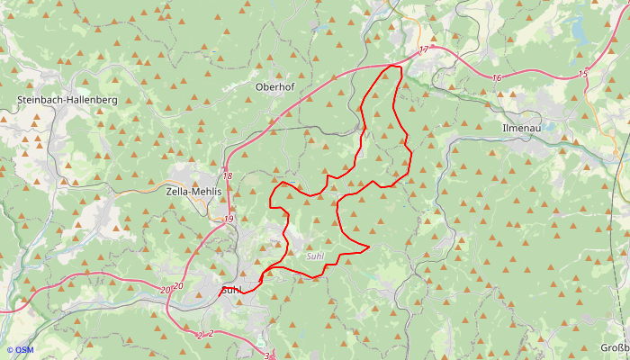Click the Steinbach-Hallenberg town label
tap(67, 100)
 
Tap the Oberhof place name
tap(274, 86)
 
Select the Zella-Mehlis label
tap(195, 191)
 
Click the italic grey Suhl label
tap(315, 256)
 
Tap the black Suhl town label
tap(230, 290)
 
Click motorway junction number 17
tap(424, 51)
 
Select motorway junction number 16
tap(497, 78)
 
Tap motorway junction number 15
tap(582, 74)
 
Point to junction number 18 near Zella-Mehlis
tap(228, 176)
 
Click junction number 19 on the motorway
tap(229, 219)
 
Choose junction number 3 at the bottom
tap(266, 356)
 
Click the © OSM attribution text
tap(20, 350)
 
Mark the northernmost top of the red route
tap(392, 66)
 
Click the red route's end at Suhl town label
tap(241, 292)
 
